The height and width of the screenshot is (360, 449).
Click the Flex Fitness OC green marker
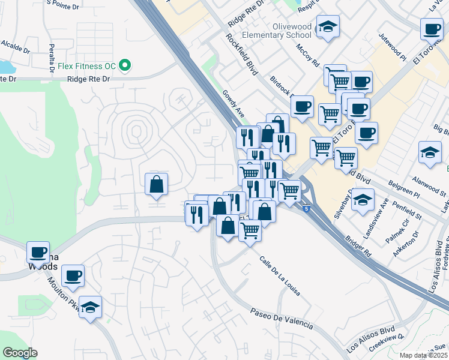(x=125, y=64)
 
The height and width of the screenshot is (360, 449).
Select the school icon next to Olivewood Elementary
(x=328, y=27)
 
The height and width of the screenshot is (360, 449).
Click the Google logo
(x=20, y=353)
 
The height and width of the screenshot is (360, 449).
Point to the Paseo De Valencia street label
(x=282, y=319)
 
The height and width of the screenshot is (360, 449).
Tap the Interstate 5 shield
(x=307, y=209)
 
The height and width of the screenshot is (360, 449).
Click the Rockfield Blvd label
(x=241, y=53)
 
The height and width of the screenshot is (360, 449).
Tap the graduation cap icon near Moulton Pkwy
(x=91, y=307)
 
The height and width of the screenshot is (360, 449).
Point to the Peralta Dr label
(x=52, y=56)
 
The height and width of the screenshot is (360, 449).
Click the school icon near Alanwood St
(x=430, y=152)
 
